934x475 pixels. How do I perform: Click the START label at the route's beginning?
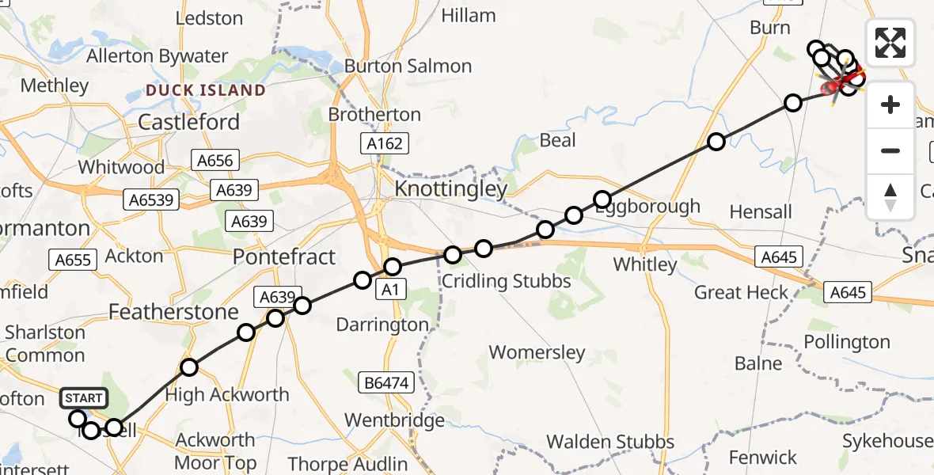click(x=83, y=397)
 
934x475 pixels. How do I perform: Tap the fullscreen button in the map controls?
click(x=890, y=43)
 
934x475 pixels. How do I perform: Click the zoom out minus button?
click(x=890, y=150)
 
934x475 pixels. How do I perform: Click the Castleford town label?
click(x=188, y=122)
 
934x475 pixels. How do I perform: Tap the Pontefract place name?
click(x=284, y=256)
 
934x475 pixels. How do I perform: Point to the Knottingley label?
click(x=450, y=189)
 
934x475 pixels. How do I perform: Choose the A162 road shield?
click(x=385, y=143)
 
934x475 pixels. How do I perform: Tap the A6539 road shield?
click(x=151, y=199)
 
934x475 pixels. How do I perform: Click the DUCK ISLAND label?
click(x=206, y=90)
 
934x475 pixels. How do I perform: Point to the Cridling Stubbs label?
click(x=507, y=281)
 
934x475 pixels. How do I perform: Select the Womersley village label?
click(x=537, y=352)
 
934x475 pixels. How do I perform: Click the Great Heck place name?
click(x=741, y=293)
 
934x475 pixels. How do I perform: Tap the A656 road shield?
click(x=215, y=161)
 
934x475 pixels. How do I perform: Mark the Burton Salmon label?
click(x=408, y=66)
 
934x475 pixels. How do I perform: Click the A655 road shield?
click(x=72, y=259)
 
